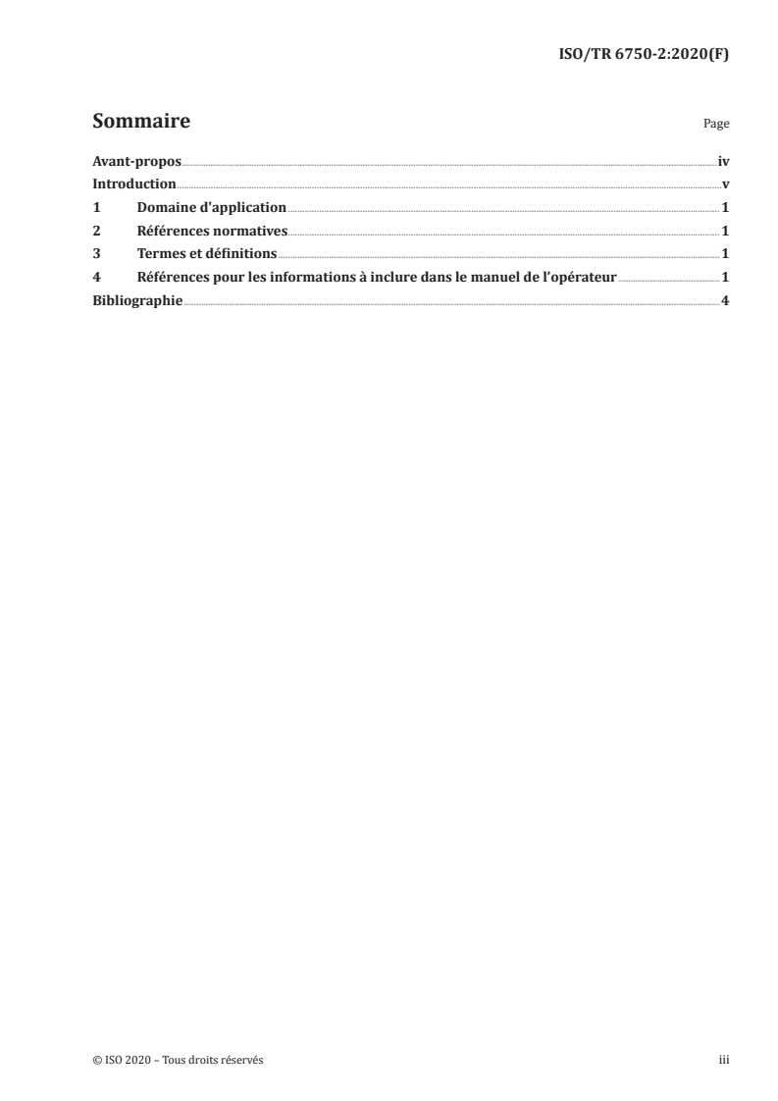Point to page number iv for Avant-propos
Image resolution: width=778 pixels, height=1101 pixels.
coord(723,161)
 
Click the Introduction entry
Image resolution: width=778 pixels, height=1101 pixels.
coord(133,184)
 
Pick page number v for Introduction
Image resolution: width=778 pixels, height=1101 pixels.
coord(725,184)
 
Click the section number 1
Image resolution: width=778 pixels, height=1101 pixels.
coord(96,208)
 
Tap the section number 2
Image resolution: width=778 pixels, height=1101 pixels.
coord(96,232)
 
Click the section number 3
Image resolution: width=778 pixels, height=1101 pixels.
coord(96,254)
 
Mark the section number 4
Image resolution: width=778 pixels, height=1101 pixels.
coord(96,278)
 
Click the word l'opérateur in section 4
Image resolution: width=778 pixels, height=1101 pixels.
coord(577,278)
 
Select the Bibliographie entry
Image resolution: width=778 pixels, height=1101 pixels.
coord(137,301)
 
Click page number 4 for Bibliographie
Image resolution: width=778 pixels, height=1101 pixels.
coord(725,301)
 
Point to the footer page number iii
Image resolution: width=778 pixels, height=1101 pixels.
coord(724,1060)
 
